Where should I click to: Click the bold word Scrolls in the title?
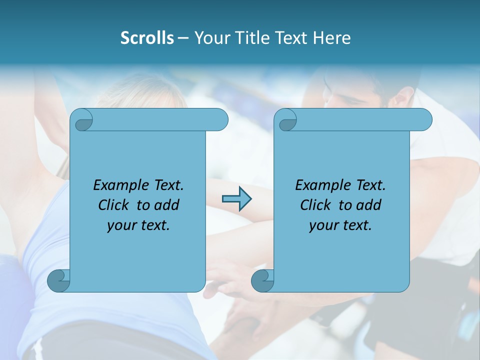pos(147,38)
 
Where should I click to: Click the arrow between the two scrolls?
pos(236,199)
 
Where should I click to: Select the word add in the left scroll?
pos(167,205)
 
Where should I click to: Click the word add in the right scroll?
pos(369,205)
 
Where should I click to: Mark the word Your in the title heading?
pos(210,38)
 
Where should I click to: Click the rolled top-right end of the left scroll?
pos(218,120)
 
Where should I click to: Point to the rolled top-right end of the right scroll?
pos(422,120)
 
